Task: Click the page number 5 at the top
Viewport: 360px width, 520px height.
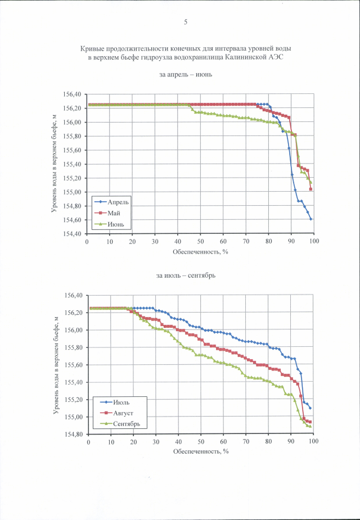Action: tap(185, 22)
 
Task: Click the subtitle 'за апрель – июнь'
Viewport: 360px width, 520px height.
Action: tap(185, 75)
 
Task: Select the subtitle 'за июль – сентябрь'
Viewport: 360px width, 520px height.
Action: tap(185, 275)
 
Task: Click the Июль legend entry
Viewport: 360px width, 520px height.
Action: tap(121, 403)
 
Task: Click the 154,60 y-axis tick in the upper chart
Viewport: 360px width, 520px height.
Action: tap(72, 220)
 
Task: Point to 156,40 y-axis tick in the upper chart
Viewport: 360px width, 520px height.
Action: tap(72, 94)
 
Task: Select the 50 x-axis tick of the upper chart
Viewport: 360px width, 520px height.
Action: tap(200, 241)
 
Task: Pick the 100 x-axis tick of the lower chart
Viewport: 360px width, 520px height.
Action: tap(313, 442)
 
